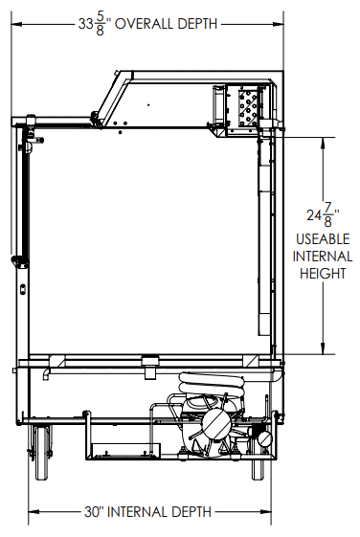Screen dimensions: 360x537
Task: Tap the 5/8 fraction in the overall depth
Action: (100, 24)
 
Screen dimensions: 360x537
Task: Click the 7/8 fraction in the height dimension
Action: (327, 215)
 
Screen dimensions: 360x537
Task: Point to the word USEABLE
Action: (323, 239)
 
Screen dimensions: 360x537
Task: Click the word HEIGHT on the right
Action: (323, 274)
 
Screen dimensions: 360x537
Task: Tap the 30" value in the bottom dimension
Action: (94, 512)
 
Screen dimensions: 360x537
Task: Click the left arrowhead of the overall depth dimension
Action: (16, 24)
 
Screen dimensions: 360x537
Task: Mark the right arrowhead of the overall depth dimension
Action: (278, 24)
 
